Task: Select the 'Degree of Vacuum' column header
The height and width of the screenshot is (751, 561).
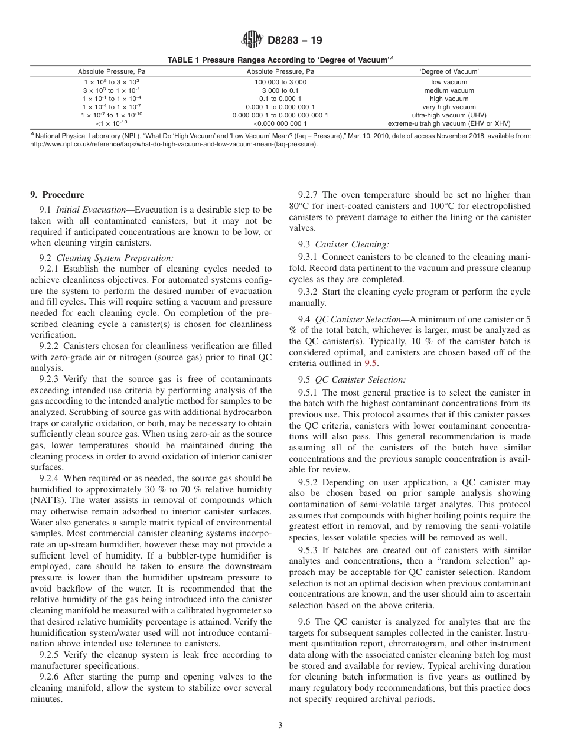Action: point(449,71)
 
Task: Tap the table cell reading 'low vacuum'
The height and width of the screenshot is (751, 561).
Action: point(449,82)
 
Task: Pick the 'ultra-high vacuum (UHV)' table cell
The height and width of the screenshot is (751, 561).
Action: point(449,115)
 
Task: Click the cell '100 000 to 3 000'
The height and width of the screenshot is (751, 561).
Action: point(280,82)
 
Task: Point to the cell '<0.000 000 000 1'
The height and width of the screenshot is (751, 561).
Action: point(280,123)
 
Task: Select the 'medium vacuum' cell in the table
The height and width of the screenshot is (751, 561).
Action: point(449,90)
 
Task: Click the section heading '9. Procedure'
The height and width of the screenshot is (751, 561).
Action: point(57,195)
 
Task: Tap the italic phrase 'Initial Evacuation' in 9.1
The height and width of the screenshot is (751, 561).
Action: point(89,210)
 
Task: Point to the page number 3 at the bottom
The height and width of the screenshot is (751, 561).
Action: point(280,726)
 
